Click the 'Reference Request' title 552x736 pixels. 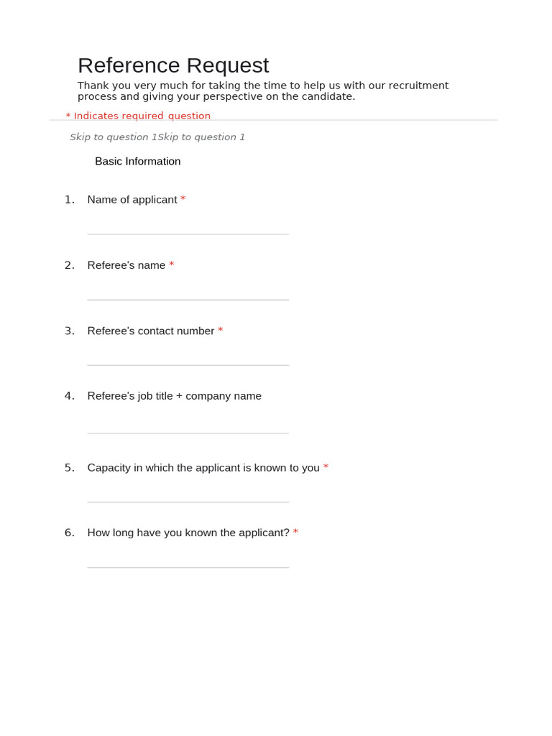(x=173, y=65)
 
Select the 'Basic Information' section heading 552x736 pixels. (x=137, y=161)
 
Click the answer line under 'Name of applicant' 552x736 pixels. (x=188, y=234)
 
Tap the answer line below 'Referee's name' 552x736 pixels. (x=188, y=299)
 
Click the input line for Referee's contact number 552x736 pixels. (x=188, y=364)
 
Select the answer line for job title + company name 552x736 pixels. (x=188, y=433)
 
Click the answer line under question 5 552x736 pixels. (x=188, y=501)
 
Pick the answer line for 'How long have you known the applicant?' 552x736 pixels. (x=188, y=567)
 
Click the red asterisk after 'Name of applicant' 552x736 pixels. (x=183, y=199)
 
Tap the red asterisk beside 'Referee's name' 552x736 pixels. (x=172, y=264)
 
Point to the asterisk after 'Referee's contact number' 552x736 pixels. (x=221, y=330)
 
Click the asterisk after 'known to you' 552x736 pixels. (x=326, y=467)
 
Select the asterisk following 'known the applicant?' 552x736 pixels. (x=295, y=532)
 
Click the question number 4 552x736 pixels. (x=69, y=396)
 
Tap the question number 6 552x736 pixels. (x=69, y=533)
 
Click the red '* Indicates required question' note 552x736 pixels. (x=138, y=116)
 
